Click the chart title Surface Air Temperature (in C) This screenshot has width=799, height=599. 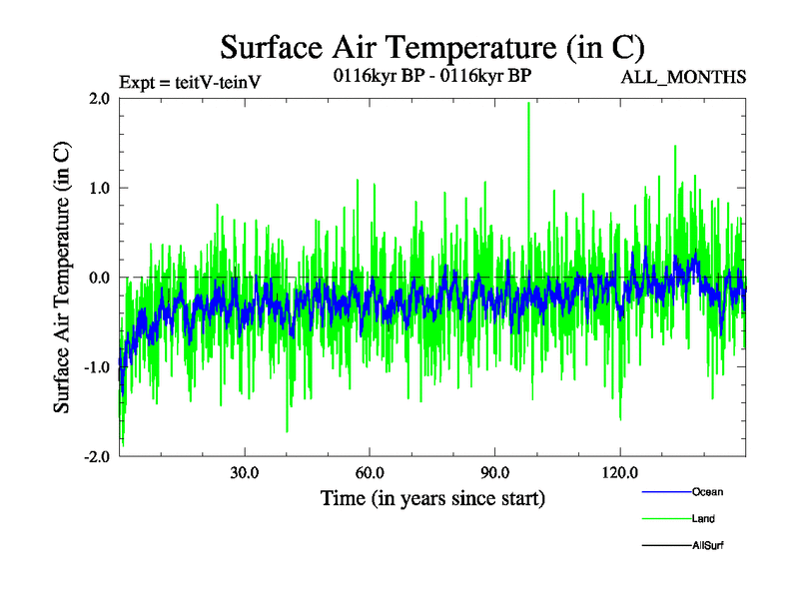tap(432, 47)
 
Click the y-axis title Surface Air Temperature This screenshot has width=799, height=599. tap(62, 278)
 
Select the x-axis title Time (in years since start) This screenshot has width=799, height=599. tap(432, 497)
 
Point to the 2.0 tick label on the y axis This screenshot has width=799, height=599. tap(98, 98)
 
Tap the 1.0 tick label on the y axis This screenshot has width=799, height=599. tap(98, 188)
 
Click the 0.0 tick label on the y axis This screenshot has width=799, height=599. tap(98, 278)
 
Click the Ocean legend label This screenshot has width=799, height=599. tap(707, 492)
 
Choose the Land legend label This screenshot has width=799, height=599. tap(703, 519)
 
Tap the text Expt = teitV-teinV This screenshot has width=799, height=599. tap(190, 81)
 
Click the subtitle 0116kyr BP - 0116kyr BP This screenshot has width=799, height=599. tap(432, 77)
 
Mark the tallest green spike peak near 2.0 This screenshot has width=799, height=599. tap(528, 104)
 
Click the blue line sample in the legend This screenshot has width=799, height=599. tap(665, 492)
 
